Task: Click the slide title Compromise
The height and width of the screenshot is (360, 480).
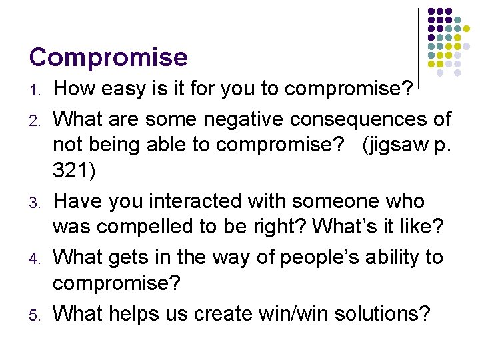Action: pos(108,57)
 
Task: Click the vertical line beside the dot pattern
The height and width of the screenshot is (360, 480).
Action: pos(418,40)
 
